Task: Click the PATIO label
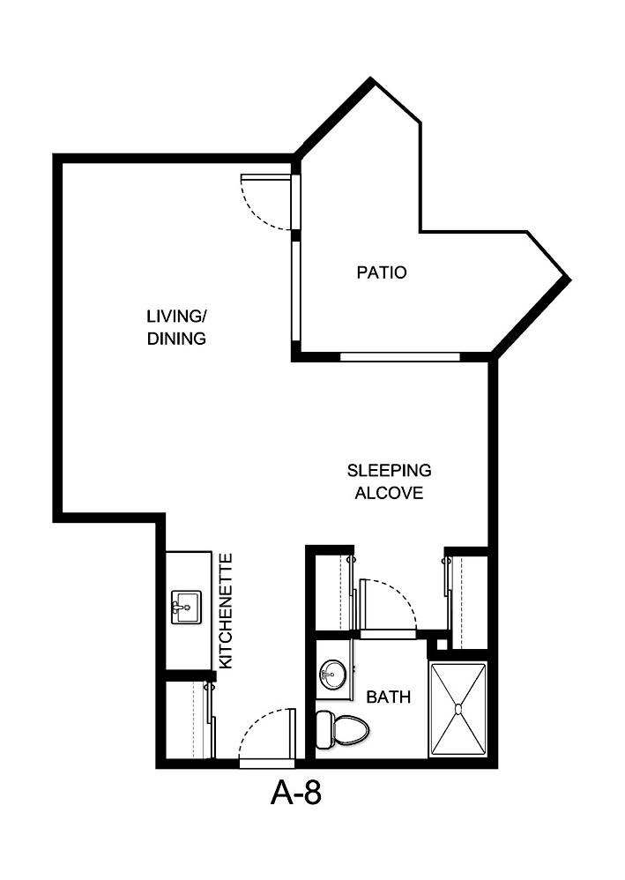click(x=381, y=272)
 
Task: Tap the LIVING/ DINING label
click(x=176, y=327)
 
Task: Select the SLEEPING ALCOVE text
click(x=388, y=481)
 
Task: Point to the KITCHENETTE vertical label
click(x=226, y=610)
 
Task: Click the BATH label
click(x=388, y=697)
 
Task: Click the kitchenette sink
click(x=184, y=608)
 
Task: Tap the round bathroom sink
click(x=332, y=675)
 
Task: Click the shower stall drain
click(x=458, y=708)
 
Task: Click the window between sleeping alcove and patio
click(x=400, y=357)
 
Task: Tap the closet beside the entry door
click(x=190, y=720)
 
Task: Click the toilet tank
click(x=324, y=730)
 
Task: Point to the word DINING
click(x=176, y=338)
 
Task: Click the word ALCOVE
click(x=388, y=493)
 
